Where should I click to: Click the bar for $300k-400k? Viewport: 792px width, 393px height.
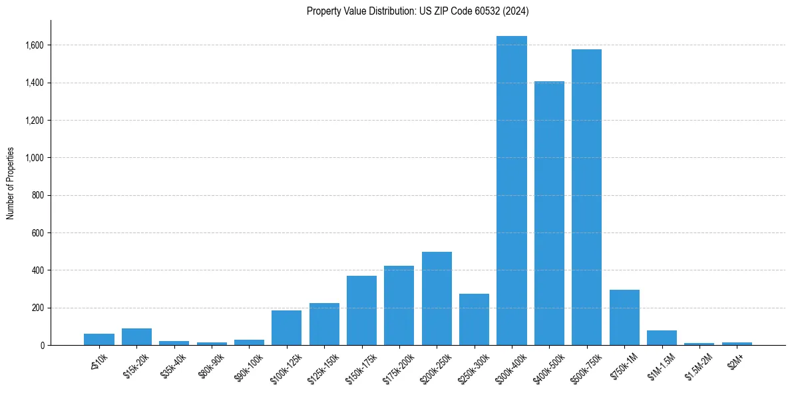click(512, 191)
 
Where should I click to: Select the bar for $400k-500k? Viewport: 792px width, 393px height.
click(549, 213)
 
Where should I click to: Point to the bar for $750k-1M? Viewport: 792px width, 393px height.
click(624, 318)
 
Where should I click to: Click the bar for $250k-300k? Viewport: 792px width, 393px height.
click(474, 320)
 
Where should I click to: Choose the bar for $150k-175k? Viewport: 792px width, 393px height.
click(361, 310)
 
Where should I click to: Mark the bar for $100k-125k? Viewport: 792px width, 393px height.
click(286, 328)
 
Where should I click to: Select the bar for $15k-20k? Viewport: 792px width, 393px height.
click(136, 337)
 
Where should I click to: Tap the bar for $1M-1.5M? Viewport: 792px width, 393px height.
click(662, 338)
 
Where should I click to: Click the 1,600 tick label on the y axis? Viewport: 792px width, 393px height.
click(35, 45)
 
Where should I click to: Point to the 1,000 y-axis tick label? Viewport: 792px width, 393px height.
click(35, 158)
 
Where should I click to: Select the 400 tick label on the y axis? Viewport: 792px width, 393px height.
click(38, 270)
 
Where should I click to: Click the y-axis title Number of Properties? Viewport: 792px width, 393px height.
click(11, 183)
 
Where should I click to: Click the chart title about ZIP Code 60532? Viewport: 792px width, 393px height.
click(417, 11)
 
